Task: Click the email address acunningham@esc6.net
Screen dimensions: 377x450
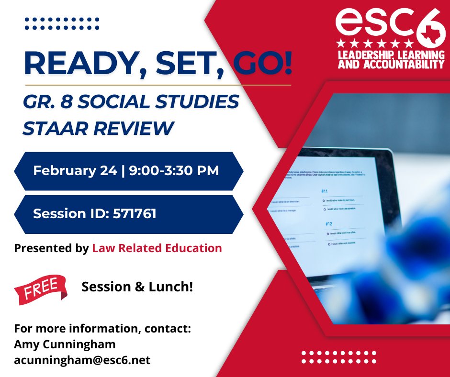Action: pyautogui.click(x=82, y=359)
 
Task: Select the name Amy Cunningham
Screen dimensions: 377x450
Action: pyautogui.click(x=65, y=344)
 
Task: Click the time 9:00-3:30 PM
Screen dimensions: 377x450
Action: pyautogui.click(x=174, y=170)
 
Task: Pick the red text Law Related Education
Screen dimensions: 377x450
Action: pyautogui.click(x=157, y=248)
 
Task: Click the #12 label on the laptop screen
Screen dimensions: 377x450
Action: pyautogui.click(x=328, y=223)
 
